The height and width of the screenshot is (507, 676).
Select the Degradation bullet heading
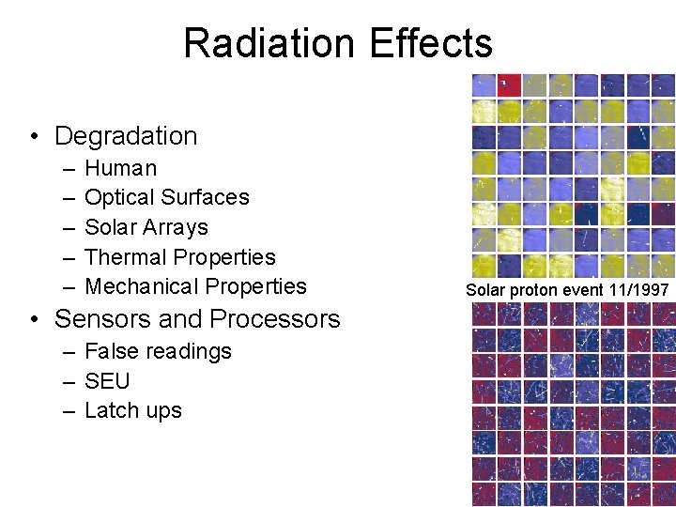pyautogui.click(x=126, y=136)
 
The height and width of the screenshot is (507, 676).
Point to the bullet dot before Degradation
pyautogui.click(x=34, y=137)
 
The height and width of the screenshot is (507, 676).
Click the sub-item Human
pyautogui.click(x=120, y=169)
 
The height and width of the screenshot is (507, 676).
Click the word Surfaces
pyautogui.click(x=205, y=198)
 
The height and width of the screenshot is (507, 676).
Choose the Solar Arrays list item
pyautogui.click(x=146, y=227)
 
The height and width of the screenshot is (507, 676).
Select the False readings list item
pyautogui.click(x=158, y=352)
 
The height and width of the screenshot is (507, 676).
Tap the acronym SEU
pyautogui.click(x=107, y=381)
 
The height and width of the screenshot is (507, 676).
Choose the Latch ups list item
pyautogui.click(x=132, y=410)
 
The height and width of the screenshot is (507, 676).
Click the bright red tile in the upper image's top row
pyautogui.click(x=509, y=85)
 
